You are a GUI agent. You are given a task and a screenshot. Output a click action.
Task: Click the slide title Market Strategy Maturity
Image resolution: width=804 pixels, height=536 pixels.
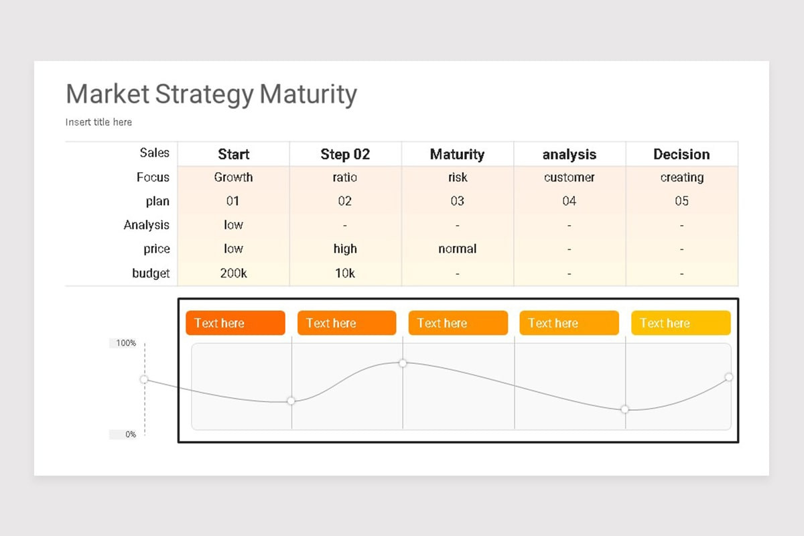pyautogui.click(x=212, y=94)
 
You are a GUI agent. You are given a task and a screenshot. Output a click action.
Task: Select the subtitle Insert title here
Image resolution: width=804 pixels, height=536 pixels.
pyautogui.click(x=98, y=122)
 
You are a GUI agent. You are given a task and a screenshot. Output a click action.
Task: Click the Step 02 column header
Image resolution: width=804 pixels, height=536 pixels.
pyautogui.click(x=345, y=154)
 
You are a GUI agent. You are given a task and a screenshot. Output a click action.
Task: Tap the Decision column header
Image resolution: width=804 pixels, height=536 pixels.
pyautogui.click(x=681, y=154)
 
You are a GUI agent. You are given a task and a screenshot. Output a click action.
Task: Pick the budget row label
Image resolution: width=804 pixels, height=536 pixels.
pyautogui.click(x=151, y=273)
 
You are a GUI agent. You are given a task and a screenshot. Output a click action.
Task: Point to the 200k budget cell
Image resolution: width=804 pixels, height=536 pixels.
pyautogui.click(x=233, y=273)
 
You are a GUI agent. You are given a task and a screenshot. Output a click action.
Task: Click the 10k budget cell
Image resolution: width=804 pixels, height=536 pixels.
pyautogui.click(x=345, y=273)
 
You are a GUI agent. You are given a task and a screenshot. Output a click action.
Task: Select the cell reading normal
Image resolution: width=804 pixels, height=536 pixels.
pyautogui.click(x=457, y=249)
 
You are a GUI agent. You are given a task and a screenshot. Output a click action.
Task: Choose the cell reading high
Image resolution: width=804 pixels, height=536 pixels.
pyautogui.click(x=345, y=249)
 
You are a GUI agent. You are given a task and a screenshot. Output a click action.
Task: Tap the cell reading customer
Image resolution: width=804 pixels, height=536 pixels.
pyautogui.click(x=569, y=178)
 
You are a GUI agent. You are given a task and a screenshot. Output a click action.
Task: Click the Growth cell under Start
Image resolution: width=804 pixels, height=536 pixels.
pyautogui.click(x=233, y=178)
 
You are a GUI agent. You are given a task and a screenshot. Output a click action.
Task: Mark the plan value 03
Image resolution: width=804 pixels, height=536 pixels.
pyautogui.click(x=457, y=201)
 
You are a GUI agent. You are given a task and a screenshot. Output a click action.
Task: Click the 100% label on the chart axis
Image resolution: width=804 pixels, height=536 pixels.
pyautogui.click(x=126, y=343)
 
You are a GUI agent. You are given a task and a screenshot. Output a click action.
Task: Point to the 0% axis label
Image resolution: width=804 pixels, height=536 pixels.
pyautogui.click(x=130, y=434)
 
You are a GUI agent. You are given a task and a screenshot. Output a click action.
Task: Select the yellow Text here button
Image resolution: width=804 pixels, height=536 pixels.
pyautogui.click(x=681, y=323)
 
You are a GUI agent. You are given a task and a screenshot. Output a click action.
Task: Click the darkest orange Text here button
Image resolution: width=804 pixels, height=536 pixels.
pyautogui.click(x=235, y=323)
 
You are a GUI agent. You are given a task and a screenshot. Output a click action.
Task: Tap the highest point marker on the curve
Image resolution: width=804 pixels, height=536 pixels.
pyautogui.click(x=403, y=363)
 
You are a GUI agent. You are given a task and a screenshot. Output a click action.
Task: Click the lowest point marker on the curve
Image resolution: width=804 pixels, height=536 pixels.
pyautogui.click(x=624, y=409)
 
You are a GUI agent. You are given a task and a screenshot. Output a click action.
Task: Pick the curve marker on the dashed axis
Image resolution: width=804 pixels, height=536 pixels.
pyautogui.click(x=144, y=379)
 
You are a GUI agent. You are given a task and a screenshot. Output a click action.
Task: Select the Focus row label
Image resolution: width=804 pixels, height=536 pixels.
pyautogui.click(x=153, y=178)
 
